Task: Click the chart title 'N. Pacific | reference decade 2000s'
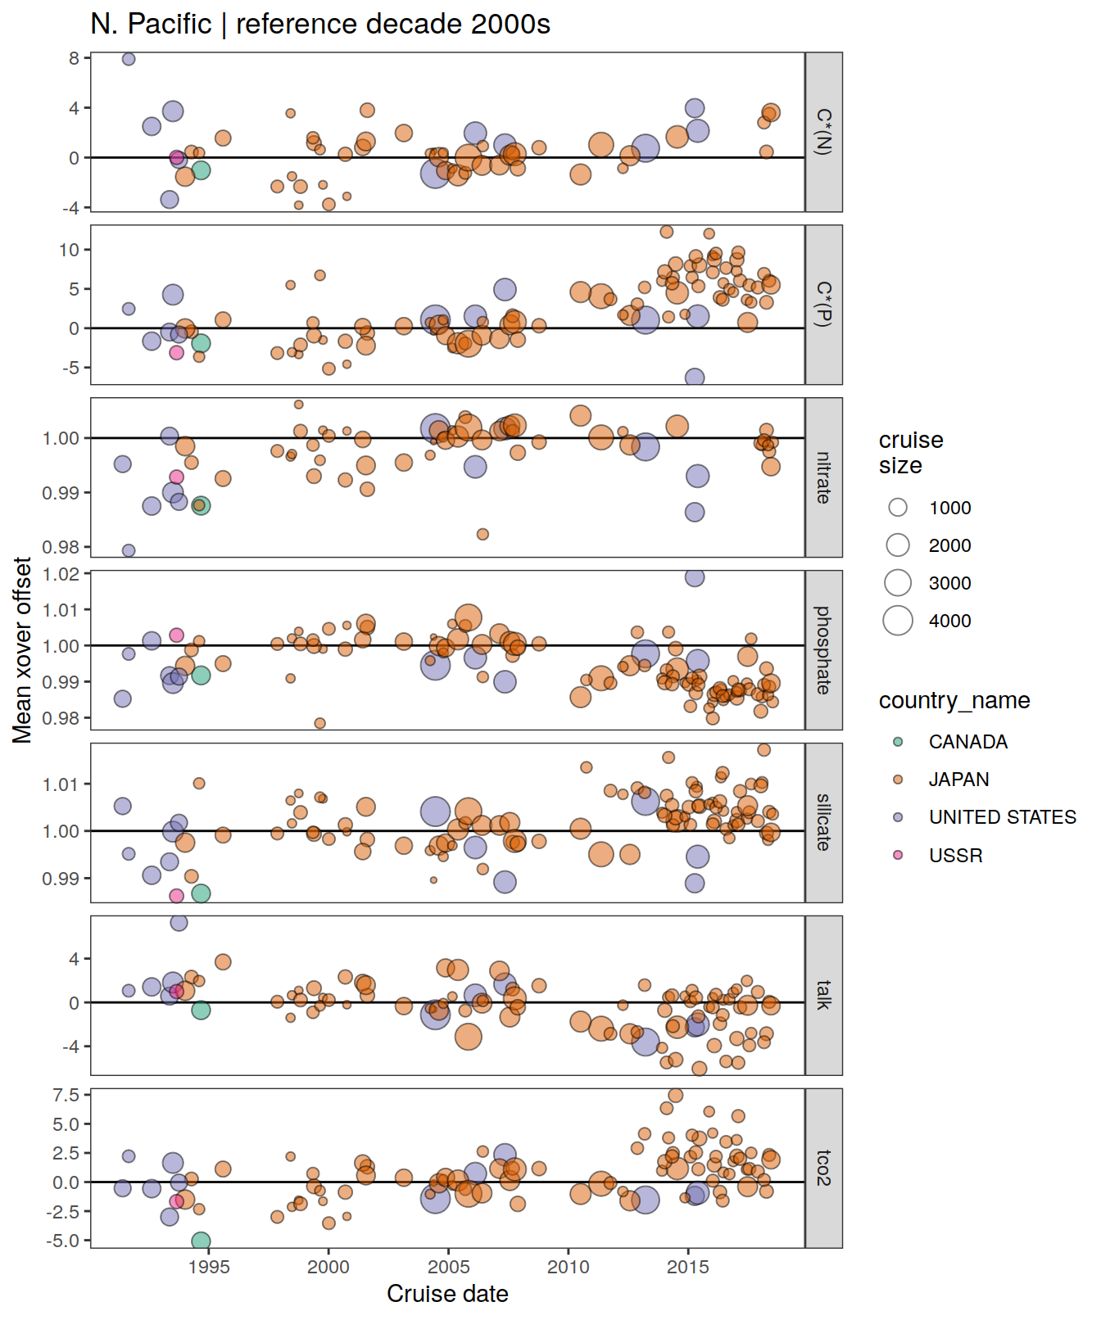click(319, 25)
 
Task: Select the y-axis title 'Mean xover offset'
click(22, 650)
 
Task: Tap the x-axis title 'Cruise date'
click(447, 1294)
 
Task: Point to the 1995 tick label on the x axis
click(209, 1267)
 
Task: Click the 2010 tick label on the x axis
click(569, 1267)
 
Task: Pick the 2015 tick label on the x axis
click(688, 1267)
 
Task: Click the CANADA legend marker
click(898, 742)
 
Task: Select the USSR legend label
click(955, 856)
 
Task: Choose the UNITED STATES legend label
click(1002, 817)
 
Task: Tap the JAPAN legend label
click(958, 780)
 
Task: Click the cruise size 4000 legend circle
click(898, 621)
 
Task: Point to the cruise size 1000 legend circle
click(898, 508)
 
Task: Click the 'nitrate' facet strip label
click(823, 477)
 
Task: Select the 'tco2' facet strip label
click(823, 1168)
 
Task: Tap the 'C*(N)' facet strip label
click(823, 132)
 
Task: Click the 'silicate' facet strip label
click(823, 822)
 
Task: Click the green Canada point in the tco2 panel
click(201, 1241)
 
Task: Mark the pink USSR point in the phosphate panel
click(176, 635)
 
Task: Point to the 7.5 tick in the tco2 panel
click(66, 1096)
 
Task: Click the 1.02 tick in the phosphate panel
click(62, 574)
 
